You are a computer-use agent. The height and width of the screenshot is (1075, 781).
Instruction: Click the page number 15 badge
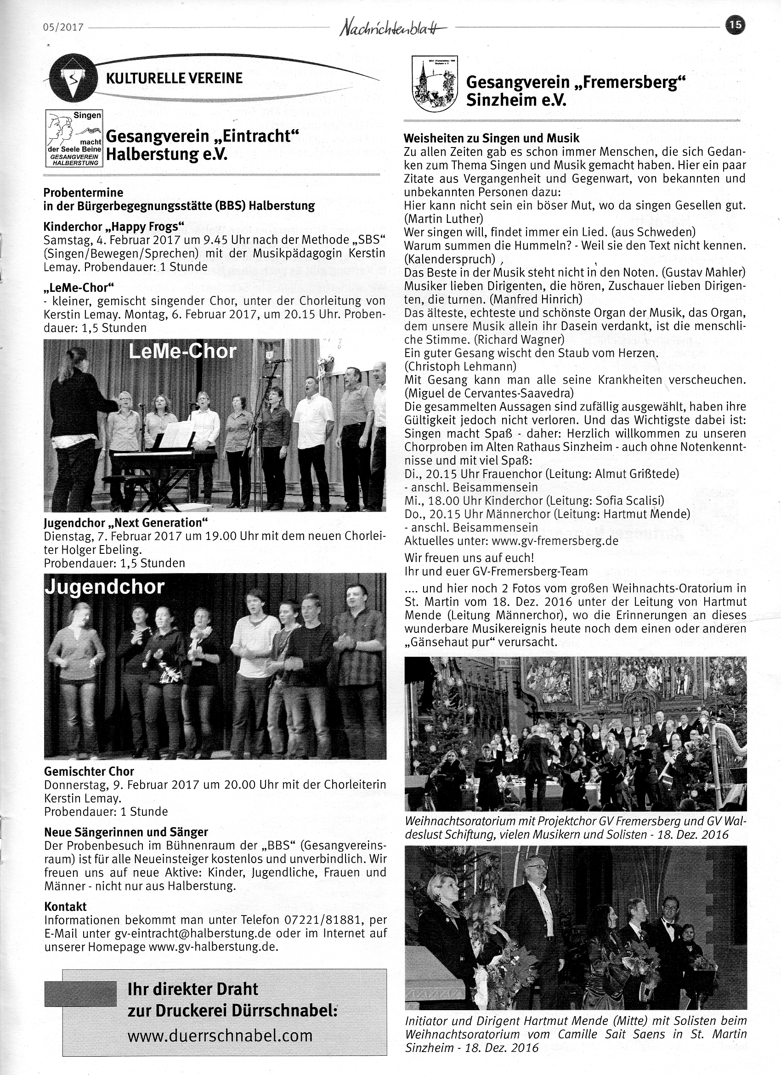point(736,24)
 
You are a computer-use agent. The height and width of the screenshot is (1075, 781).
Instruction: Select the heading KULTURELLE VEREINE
point(175,78)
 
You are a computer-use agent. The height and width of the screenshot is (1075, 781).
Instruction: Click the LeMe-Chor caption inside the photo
point(182,351)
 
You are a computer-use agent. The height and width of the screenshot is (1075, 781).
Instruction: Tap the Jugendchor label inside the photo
point(104,587)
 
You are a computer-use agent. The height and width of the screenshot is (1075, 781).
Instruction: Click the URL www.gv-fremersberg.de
point(555,541)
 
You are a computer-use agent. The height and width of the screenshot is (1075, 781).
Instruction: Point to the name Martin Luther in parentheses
point(443,219)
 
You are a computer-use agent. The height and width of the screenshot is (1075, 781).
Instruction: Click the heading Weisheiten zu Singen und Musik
point(492,139)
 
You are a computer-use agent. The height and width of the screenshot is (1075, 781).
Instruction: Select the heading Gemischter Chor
point(89,771)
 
